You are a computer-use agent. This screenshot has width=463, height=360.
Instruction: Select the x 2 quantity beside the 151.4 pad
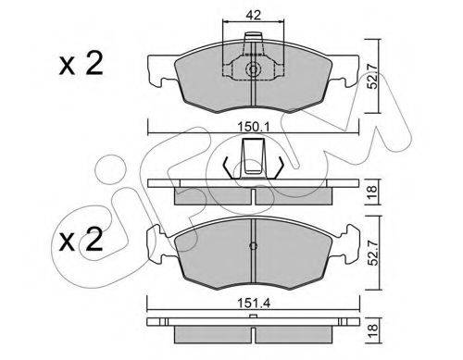pos(79,242)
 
